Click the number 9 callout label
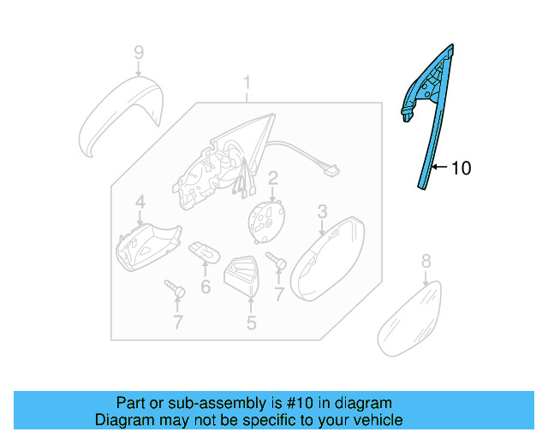(138, 54)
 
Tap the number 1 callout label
(247, 83)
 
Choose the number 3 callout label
(322, 210)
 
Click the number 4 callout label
(140, 203)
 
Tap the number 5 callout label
(251, 323)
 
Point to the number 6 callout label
(205, 287)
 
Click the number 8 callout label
(426, 262)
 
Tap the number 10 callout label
(460, 169)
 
